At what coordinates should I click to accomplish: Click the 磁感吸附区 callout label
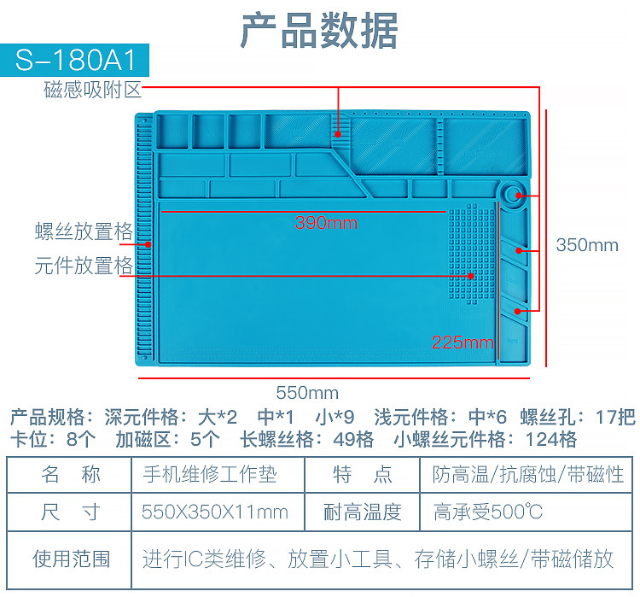pyautogui.click(x=92, y=90)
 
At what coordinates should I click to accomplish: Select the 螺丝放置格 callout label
pyautogui.click(x=84, y=231)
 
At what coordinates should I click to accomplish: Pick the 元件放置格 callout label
pyautogui.click(x=84, y=265)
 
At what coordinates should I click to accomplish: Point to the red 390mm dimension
pyautogui.click(x=326, y=223)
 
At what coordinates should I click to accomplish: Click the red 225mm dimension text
pyautogui.click(x=463, y=342)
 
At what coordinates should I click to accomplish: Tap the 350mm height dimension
pyautogui.click(x=587, y=245)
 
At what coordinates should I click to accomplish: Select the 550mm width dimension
pyautogui.click(x=307, y=393)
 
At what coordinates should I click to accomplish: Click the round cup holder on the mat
pyautogui.click(x=515, y=196)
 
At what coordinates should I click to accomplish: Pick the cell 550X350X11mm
pyautogui.click(x=215, y=512)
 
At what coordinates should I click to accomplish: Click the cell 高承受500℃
pyautogui.click(x=487, y=512)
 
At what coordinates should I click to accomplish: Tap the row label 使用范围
pyautogui.click(x=71, y=559)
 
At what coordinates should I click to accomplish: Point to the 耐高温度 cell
pyautogui.click(x=363, y=512)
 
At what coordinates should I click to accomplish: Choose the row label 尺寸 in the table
pyautogui.click(x=71, y=512)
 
